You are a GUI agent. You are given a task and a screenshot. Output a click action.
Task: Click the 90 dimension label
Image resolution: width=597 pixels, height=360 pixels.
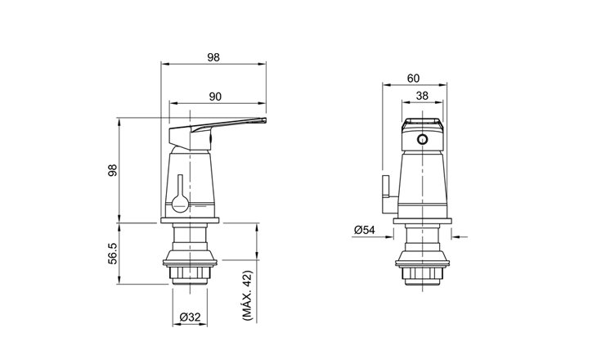(x=215, y=97)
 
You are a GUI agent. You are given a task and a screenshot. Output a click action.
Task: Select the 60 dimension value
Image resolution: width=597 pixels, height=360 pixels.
(x=413, y=78)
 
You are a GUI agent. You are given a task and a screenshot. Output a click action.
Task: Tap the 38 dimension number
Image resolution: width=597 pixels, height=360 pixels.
(x=422, y=96)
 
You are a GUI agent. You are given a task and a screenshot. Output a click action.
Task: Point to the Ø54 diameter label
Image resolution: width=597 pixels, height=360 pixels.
(x=365, y=230)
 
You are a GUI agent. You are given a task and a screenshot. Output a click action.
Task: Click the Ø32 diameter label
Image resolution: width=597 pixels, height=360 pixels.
(x=190, y=317)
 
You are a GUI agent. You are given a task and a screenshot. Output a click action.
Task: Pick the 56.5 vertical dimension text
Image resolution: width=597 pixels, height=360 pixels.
(x=113, y=254)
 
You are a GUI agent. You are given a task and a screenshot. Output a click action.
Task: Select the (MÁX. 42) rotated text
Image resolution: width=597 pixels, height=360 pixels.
(x=247, y=295)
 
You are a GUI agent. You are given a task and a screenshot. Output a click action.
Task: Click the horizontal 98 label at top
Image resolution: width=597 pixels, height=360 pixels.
(x=213, y=57)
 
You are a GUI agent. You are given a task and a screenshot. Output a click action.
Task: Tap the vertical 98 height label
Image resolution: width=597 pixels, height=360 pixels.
(x=113, y=170)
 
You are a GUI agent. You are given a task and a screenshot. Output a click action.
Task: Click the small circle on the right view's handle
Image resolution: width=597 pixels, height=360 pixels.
(x=422, y=139)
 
